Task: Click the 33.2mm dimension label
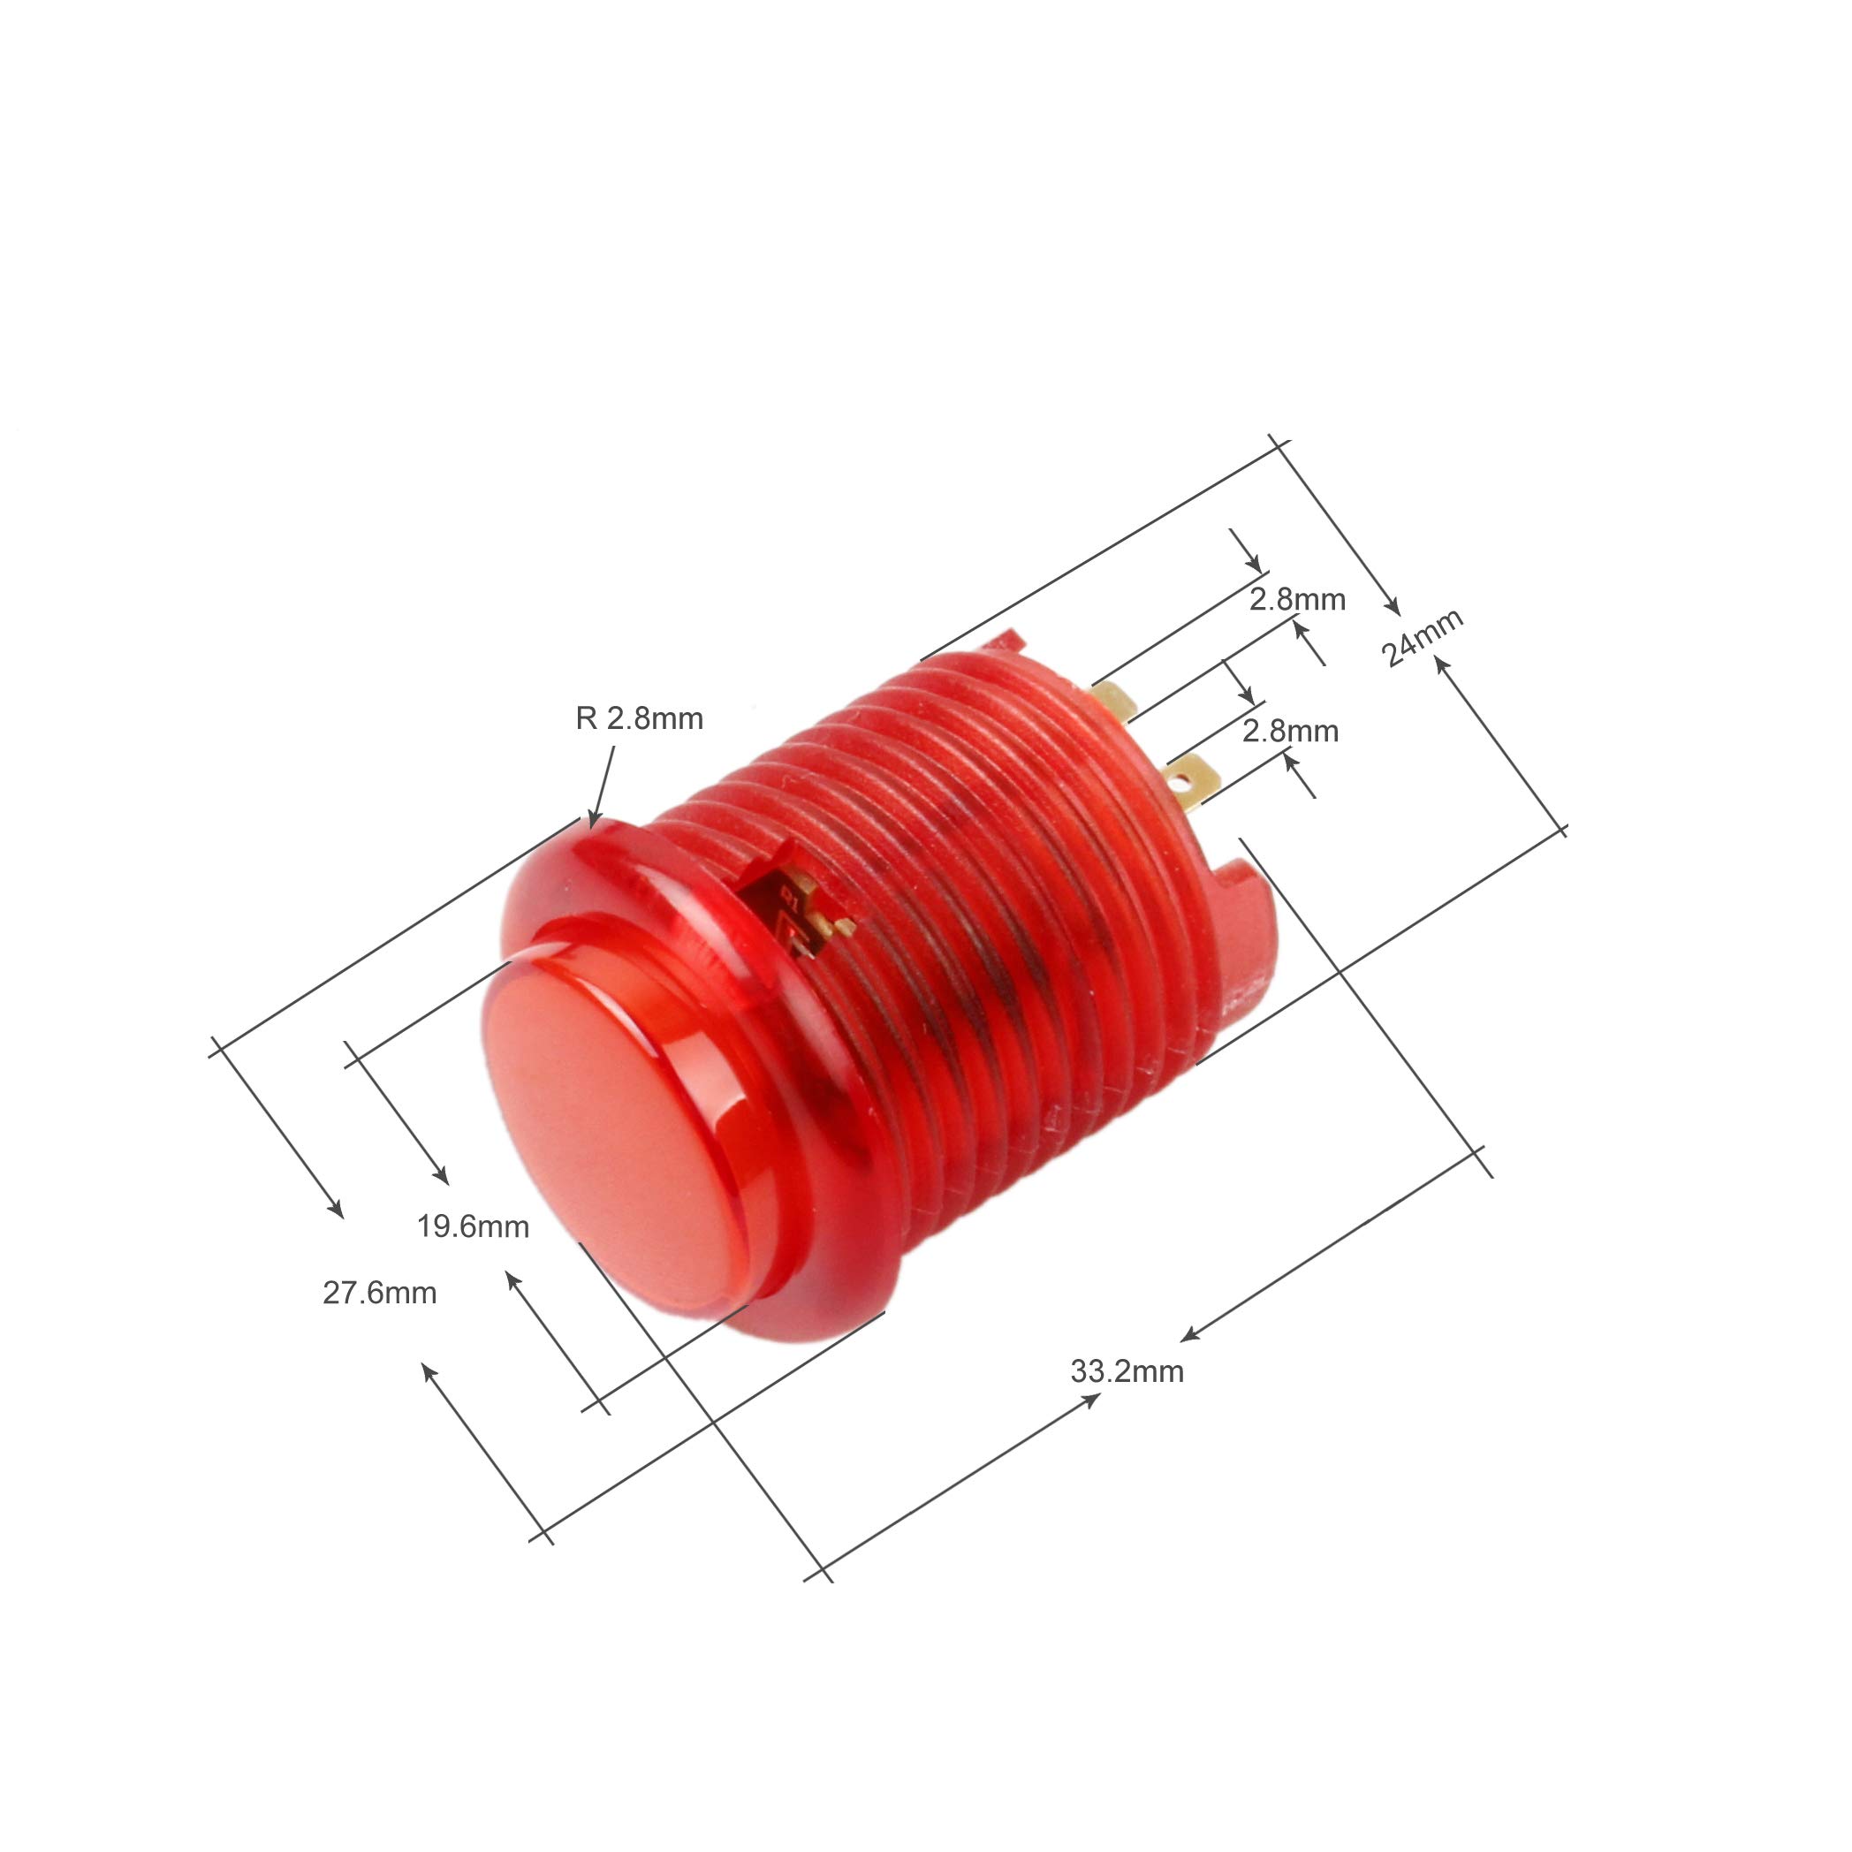(x=1127, y=1371)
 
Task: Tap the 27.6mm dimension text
(x=380, y=1294)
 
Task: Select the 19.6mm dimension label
(x=473, y=1226)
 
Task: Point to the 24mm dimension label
(x=1422, y=637)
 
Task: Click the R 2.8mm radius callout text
(x=640, y=718)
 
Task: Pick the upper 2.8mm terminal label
(x=1297, y=599)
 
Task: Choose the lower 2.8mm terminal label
(x=1290, y=732)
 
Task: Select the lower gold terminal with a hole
(x=1192, y=781)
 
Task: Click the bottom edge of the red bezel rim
(x=815, y=1334)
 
